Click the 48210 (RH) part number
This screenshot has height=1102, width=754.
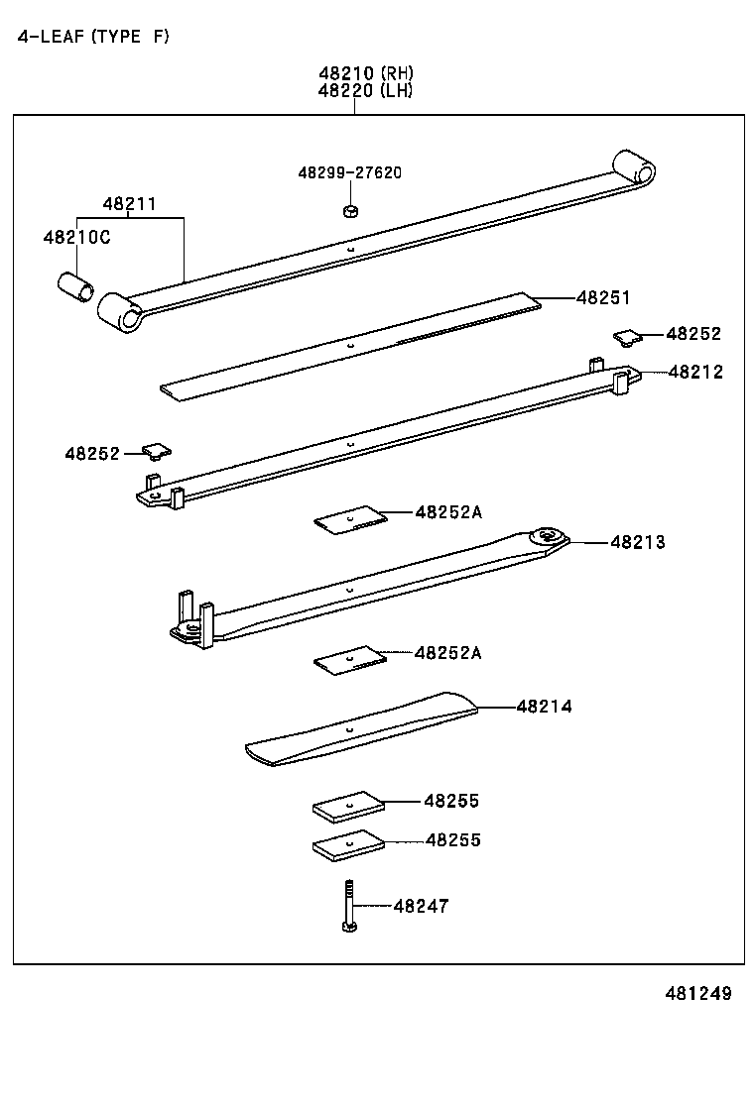pos(365,73)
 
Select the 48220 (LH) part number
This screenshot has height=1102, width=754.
pos(365,90)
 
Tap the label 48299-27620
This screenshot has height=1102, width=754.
pos(349,172)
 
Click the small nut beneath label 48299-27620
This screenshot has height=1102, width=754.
pos(349,210)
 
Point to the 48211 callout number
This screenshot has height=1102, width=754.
pos(129,204)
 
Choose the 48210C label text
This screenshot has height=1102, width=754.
pos(76,238)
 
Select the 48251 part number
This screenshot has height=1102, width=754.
pos(603,297)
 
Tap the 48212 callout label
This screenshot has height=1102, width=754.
pos(695,373)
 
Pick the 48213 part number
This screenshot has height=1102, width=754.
pos(638,542)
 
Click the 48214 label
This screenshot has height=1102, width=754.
pos(544,707)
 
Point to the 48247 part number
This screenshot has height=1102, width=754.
pos(421,906)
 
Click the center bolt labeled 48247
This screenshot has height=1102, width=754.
pos(349,906)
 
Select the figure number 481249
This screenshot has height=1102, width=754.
pos(691,993)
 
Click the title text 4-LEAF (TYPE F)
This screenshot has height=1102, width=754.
pos(93,38)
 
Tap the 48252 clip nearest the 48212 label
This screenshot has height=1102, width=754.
pos(627,338)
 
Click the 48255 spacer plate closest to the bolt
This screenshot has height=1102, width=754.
pos(348,845)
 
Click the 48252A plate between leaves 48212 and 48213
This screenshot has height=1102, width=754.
pos(349,519)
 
